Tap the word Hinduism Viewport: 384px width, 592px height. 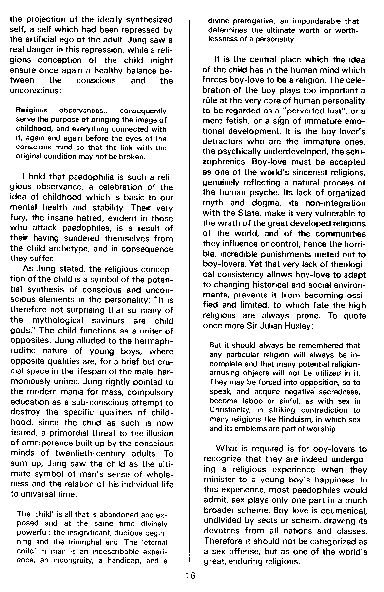298,419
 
